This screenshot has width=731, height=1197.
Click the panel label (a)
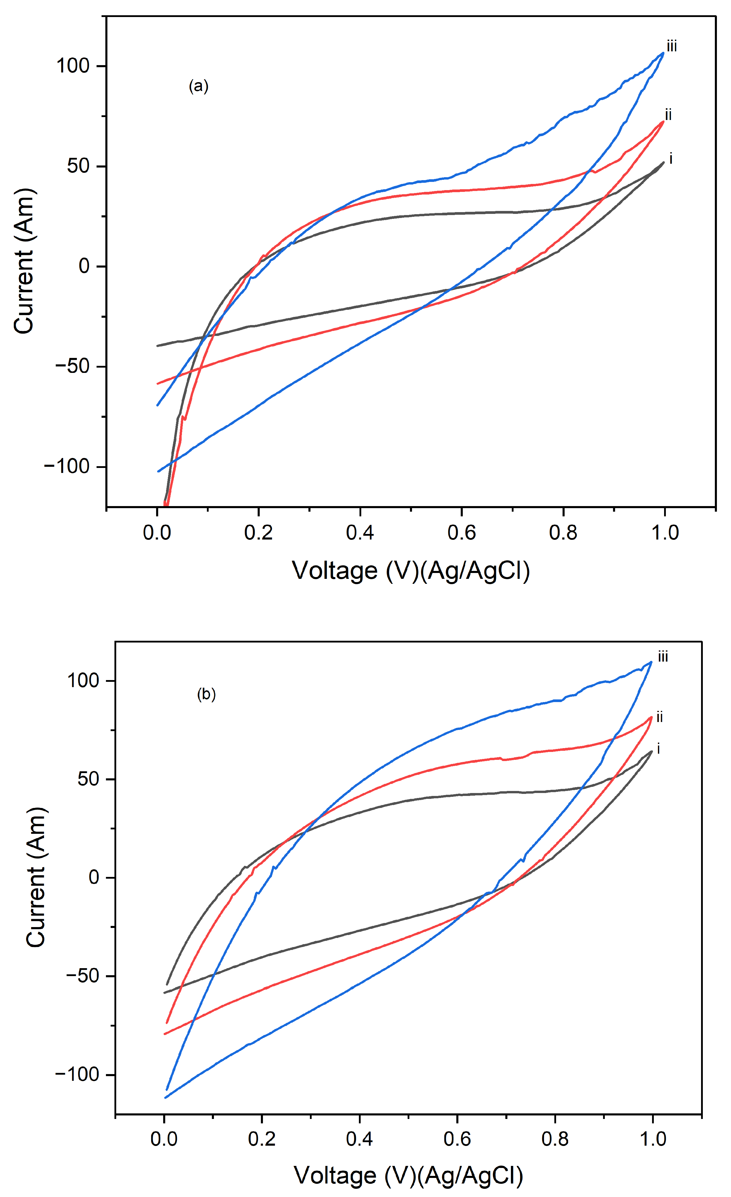point(198,87)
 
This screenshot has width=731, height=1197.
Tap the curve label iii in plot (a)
point(672,47)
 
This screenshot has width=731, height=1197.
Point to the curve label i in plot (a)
point(671,158)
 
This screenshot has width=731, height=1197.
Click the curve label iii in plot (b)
point(663,657)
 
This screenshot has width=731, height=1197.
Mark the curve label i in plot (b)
point(659,749)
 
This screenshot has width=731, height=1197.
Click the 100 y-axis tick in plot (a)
point(73,66)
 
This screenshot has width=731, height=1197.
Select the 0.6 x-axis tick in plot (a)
point(461,533)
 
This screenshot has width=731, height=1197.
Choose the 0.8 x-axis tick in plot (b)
point(555,1139)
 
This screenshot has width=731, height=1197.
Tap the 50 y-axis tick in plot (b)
point(89,779)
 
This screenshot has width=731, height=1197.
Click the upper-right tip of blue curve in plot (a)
point(663,53)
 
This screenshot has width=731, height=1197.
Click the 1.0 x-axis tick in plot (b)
point(652,1139)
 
